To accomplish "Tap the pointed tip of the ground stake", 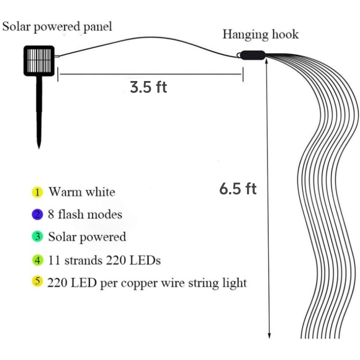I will (x=40, y=147).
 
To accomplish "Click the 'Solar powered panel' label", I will (x=57, y=26).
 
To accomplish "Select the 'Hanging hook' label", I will (x=261, y=34).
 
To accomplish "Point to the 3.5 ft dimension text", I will (x=148, y=87).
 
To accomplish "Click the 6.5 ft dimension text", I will (x=238, y=189).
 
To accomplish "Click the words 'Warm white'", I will (x=82, y=192).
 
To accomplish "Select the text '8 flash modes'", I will (x=85, y=214).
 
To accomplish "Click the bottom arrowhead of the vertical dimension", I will (x=270, y=335).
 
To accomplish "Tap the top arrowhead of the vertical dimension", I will (x=269, y=61).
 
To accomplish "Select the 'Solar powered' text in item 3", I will (x=87, y=237).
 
